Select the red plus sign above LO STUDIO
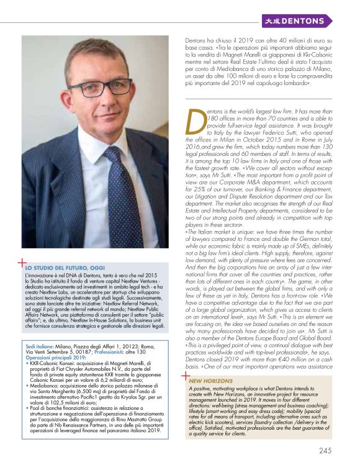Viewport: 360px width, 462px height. (22, 261)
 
